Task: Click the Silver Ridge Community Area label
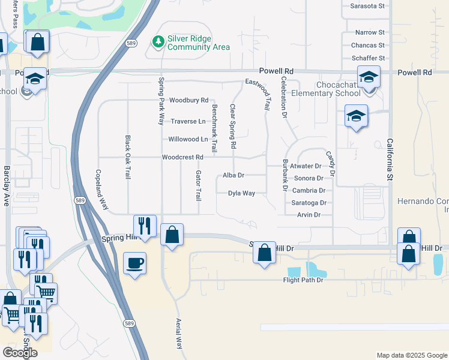pos(199,42)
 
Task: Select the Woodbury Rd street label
pos(188,100)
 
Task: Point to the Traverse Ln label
pos(188,121)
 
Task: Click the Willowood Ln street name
pos(188,139)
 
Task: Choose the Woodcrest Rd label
pos(183,157)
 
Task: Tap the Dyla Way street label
pos(241,193)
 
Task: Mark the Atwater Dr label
pos(306,166)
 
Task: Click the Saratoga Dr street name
pos(309,203)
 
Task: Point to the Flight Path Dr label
pos(303,280)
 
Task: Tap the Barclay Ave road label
pos(7,186)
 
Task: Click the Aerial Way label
pos(178,334)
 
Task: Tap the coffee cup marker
pos(134,263)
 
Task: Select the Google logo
pos(20,352)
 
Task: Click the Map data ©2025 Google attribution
pos(411,355)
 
